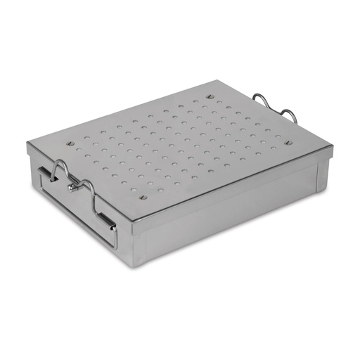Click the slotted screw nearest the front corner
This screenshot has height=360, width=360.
tap(143, 198)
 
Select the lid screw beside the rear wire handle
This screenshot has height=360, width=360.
tap(288, 143)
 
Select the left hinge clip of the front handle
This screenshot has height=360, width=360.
tap(45, 173)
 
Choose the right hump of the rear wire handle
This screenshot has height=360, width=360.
tap(288, 112)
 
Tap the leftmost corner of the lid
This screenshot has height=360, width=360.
tap(28, 144)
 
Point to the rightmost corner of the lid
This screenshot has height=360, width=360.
tap(332, 148)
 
